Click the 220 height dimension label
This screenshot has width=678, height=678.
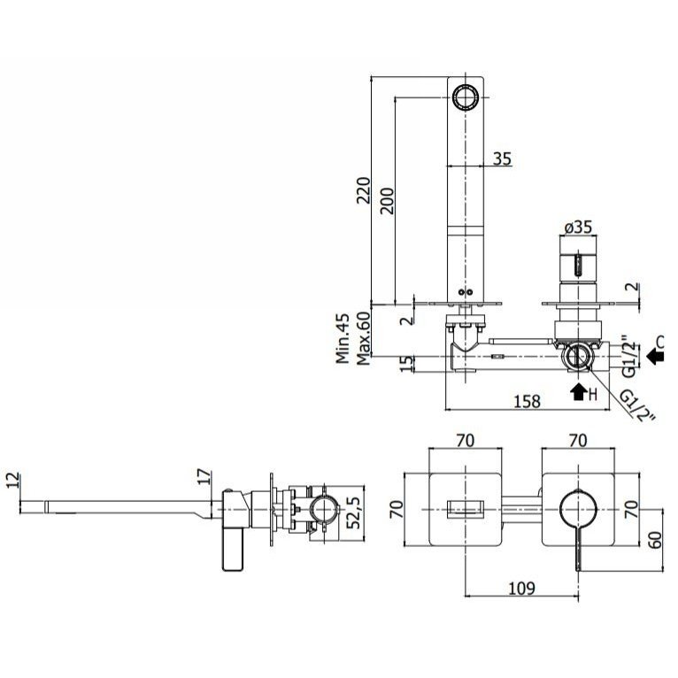[364, 190]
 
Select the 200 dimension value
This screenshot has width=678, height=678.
[387, 201]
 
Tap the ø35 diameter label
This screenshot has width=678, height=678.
[578, 227]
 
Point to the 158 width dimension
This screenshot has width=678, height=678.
[528, 401]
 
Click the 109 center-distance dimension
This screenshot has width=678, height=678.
[521, 588]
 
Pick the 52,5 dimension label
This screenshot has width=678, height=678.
[354, 512]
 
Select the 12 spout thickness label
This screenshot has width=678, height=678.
[13, 480]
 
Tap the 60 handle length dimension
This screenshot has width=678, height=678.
[656, 540]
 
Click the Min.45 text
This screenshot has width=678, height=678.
[343, 339]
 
